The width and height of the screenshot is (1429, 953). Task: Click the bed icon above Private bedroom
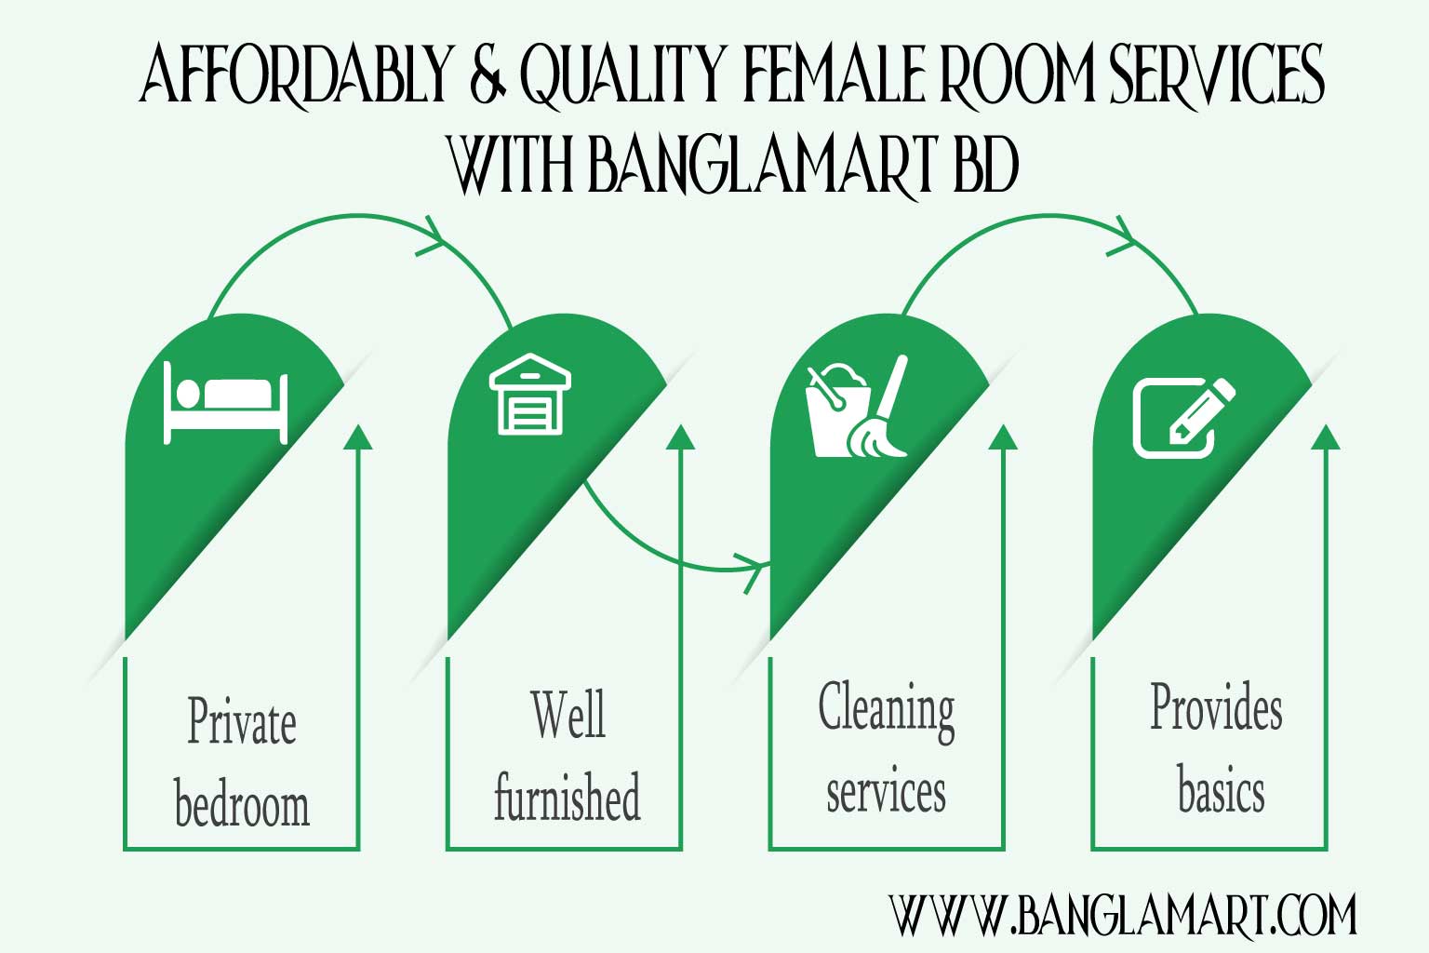click(x=225, y=403)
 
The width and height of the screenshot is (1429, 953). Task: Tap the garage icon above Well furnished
click(x=529, y=394)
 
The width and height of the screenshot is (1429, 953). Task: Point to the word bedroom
click(x=242, y=805)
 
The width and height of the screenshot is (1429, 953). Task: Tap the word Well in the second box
click(x=568, y=715)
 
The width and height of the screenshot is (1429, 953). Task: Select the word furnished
click(x=567, y=799)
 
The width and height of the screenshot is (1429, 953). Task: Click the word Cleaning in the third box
click(x=887, y=709)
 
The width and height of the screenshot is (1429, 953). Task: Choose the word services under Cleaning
click(x=886, y=793)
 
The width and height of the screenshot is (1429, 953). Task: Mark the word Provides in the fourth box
click(x=1216, y=707)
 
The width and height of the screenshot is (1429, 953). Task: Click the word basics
click(x=1221, y=791)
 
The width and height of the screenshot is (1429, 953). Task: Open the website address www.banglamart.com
click(x=1122, y=916)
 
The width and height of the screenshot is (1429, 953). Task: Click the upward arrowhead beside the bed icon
click(x=357, y=436)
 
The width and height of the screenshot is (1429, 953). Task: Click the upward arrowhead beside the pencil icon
click(x=1325, y=436)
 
